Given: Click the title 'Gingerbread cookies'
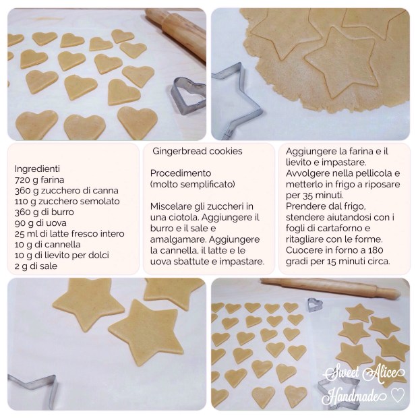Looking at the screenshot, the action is pyautogui.click(x=198, y=151).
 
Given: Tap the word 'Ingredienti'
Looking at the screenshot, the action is pyautogui.click(x=37, y=169).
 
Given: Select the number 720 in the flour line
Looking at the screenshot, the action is pyautogui.click(x=22, y=180).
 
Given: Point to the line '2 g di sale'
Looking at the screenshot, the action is pyautogui.click(x=36, y=266).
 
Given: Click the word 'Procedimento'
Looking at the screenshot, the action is pyautogui.click(x=181, y=173).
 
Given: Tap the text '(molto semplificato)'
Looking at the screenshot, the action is pyautogui.click(x=192, y=184).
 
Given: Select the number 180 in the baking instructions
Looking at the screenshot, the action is pyautogui.click(x=376, y=250).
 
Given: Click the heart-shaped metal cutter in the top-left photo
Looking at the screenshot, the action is pyautogui.click(x=187, y=96).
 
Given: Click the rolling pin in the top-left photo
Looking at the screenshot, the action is pyautogui.click(x=178, y=32).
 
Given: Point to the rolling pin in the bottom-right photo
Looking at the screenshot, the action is pyautogui.click(x=330, y=287).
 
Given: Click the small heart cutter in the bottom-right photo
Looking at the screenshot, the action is pyautogui.click(x=315, y=305).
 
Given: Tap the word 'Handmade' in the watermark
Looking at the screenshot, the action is pyautogui.click(x=354, y=395).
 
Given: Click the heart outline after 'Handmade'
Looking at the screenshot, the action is pyautogui.click(x=398, y=395).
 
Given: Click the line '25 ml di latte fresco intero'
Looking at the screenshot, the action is pyautogui.click(x=69, y=234).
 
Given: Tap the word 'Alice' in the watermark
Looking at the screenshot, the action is pyautogui.click(x=384, y=374).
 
